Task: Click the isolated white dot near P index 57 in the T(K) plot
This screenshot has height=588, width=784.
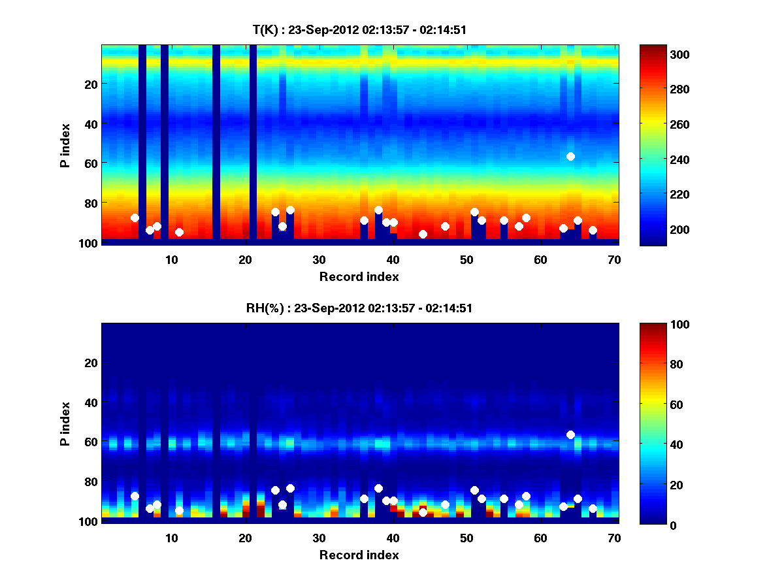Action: (x=570, y=156)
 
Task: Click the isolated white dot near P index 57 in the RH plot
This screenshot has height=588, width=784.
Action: (x=570, y=434)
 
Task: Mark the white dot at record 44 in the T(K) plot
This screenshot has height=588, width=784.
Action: (x=423, y=234)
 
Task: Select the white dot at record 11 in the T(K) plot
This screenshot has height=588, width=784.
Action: (x=179, y=232)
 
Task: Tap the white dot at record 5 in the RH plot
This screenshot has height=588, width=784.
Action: (x=135, y=496)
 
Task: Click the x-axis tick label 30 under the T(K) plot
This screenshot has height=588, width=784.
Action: (x=319, y=259)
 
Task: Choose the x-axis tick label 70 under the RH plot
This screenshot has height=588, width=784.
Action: (x=613, y=538)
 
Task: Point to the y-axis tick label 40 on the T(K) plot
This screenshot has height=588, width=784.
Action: (x=91, y=123)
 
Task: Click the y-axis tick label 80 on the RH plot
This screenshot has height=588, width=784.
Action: (x=91, y=482)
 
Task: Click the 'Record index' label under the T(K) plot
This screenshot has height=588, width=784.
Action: (x=359, y=276)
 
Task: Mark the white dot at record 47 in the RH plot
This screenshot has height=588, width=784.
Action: (x=445, y=504)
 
